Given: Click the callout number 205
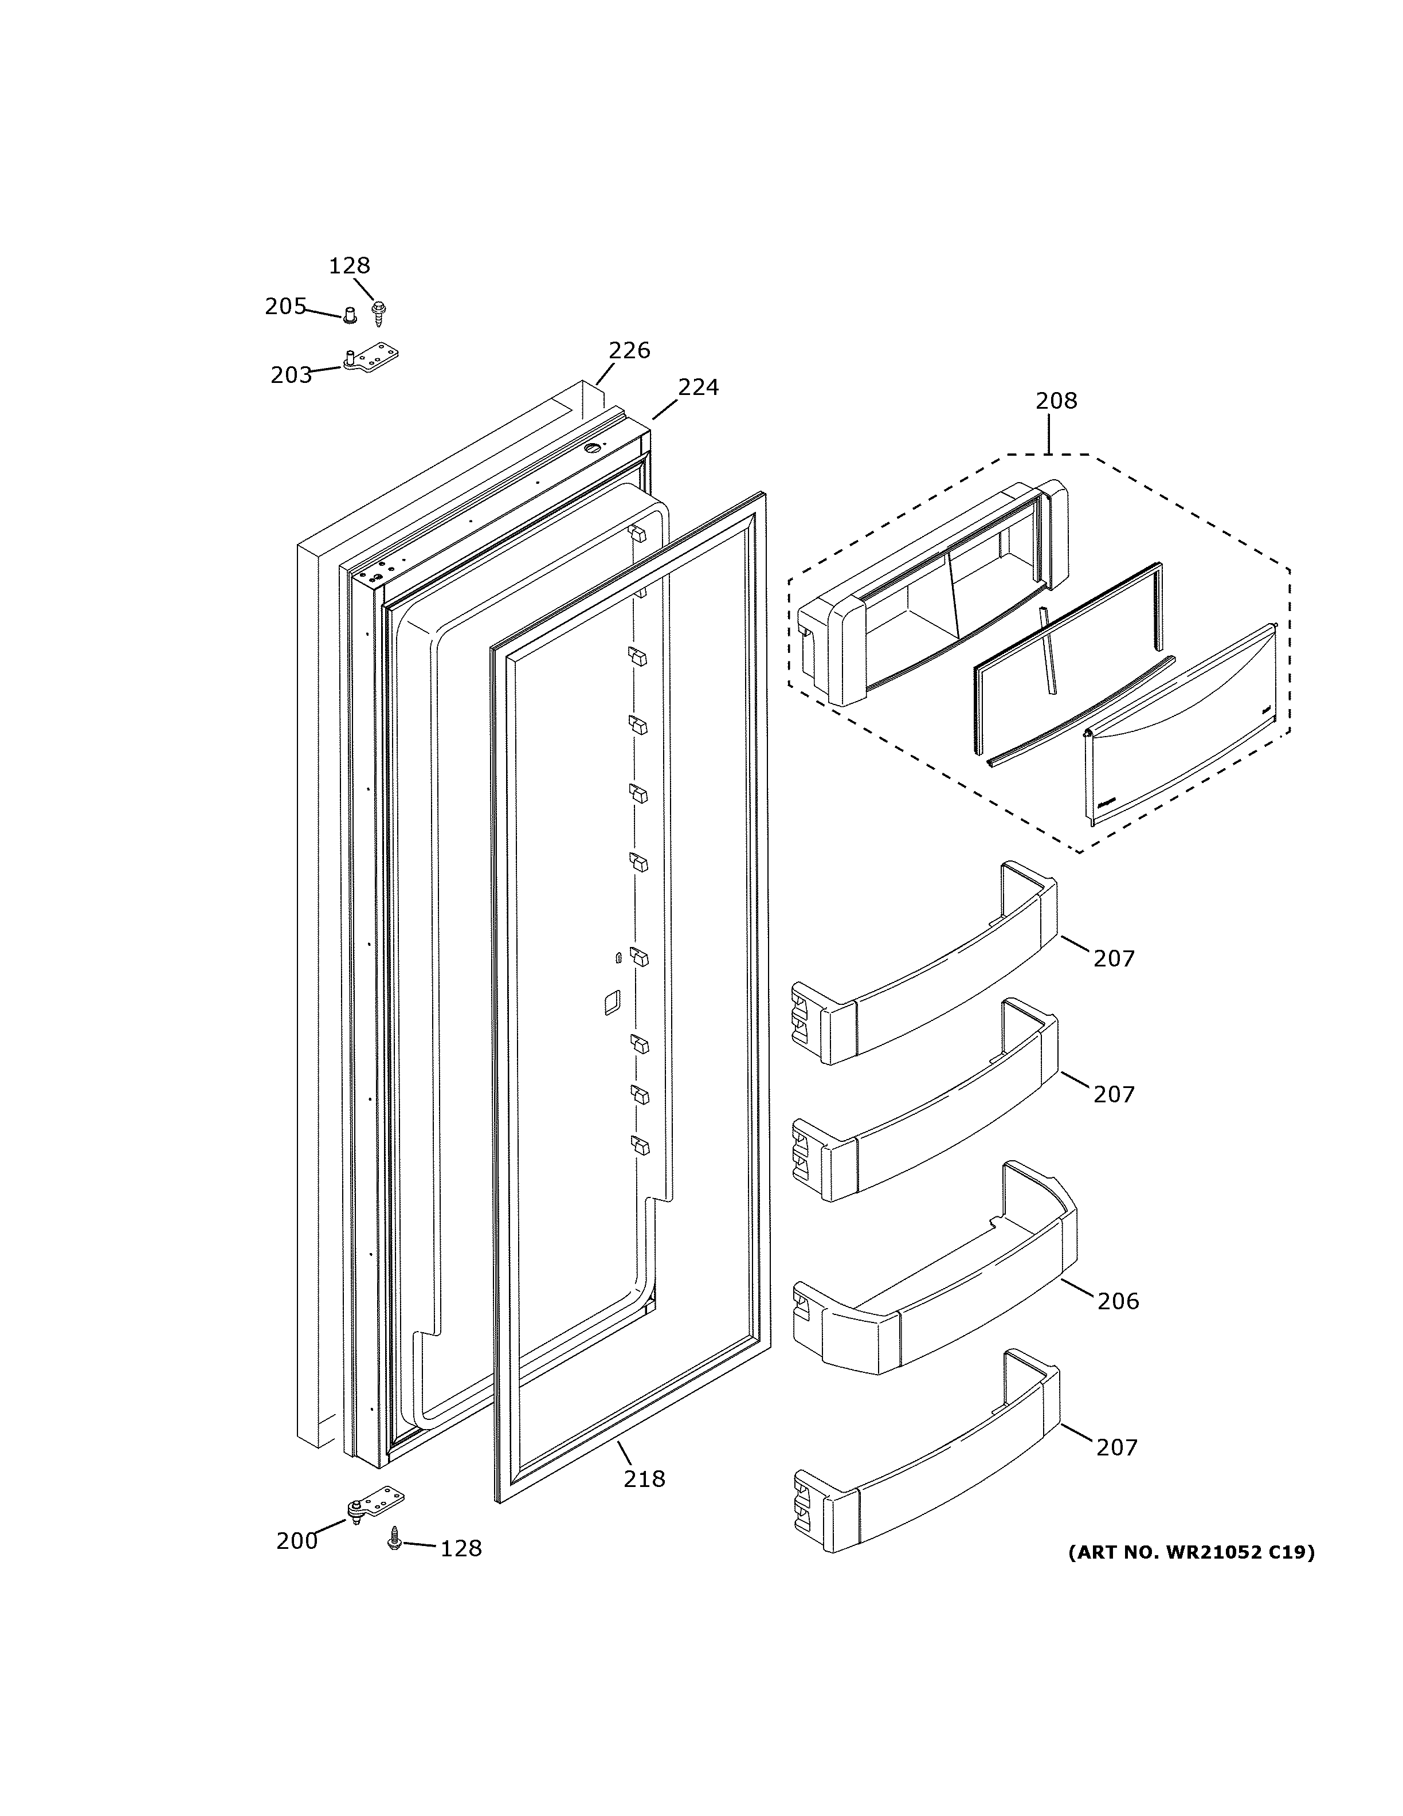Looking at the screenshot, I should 285,307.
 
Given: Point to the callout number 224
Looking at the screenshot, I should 697,387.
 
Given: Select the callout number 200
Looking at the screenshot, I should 297,1541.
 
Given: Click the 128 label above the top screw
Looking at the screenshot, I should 349,266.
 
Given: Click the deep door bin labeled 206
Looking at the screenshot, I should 931,1297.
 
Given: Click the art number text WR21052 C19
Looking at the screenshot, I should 1190,1552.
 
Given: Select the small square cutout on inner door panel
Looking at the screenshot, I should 611,1002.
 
